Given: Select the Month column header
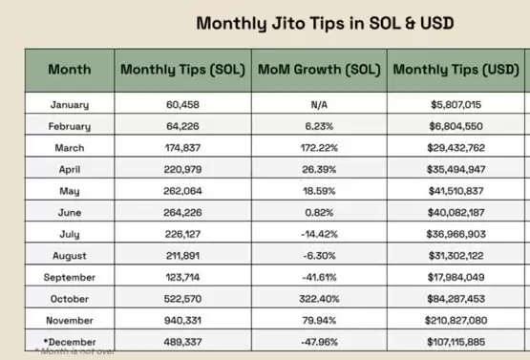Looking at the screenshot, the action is (x=70, y=70).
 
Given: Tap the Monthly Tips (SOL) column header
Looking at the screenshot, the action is (x=182, y=70).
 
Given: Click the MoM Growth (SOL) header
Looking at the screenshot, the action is (x=319, y=70).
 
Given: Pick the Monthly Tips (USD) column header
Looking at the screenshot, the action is (x=456, y=70).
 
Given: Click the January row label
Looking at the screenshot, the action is (x=70, y=105).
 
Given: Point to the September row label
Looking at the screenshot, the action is (x=70, y=278).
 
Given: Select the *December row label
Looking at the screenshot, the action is (x=70, y=342).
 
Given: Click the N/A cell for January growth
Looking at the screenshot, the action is (x=319, y=105).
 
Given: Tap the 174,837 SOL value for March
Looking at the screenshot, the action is (x=182, y=148).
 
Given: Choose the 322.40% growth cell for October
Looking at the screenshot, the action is (x=319, y=299).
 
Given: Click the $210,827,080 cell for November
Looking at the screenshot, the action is (x=456, y=321).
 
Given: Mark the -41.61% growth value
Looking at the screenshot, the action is (x=319, y=278).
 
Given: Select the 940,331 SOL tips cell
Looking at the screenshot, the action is (x=182, y=321).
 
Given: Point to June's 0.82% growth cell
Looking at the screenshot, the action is (x=319, y=213).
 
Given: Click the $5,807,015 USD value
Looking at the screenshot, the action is (x=456, y=105).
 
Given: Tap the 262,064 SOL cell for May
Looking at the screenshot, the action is (x=182, y=191).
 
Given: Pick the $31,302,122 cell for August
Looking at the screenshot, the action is (x=456, y=256).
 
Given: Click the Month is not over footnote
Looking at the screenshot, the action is (x=74, y=351).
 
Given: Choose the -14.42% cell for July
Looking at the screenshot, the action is (x=319, y=234).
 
